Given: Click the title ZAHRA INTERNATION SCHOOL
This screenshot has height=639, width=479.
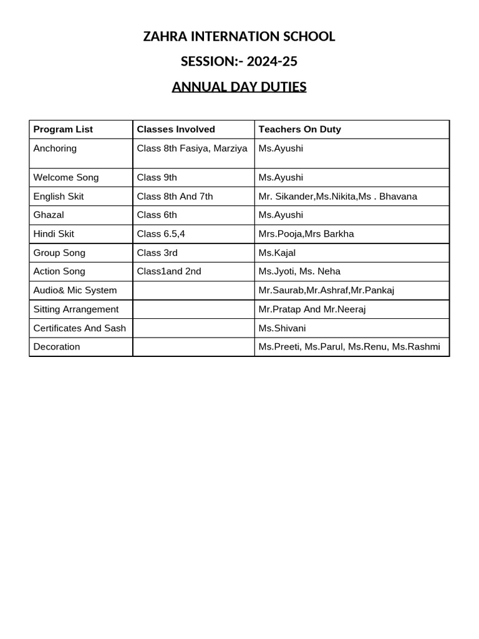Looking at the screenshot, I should coord(239,37).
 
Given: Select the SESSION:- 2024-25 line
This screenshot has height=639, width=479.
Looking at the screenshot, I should coord(239,61).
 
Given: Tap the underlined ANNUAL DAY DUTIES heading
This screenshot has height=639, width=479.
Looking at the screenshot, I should coord(239,87).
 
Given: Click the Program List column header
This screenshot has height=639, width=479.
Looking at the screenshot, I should coord(63,129).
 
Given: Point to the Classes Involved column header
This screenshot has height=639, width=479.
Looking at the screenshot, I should coord(175,129).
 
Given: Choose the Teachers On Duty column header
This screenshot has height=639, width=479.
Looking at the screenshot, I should coord(299,129).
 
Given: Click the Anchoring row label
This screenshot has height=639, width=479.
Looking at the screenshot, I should coord(55,149).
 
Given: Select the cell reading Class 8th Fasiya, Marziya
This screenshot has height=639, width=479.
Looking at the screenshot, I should coord(192,149).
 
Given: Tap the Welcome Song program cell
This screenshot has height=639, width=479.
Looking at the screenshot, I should coord(66,178).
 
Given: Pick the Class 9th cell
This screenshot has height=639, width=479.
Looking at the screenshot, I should coord(157,178).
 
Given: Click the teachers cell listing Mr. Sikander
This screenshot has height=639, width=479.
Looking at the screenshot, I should coord(337,197).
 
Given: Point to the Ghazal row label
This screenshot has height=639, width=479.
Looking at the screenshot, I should coord(49,215).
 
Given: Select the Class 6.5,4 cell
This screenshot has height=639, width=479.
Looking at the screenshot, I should coord(161,234).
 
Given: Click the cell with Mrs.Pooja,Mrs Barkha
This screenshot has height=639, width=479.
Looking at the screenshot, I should coord(306,234).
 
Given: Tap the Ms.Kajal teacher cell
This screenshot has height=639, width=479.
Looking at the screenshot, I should coord(277,253).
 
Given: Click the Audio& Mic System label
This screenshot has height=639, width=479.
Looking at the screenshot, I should coord(75,290).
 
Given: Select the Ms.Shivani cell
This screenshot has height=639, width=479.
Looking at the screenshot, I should coord(282,328).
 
